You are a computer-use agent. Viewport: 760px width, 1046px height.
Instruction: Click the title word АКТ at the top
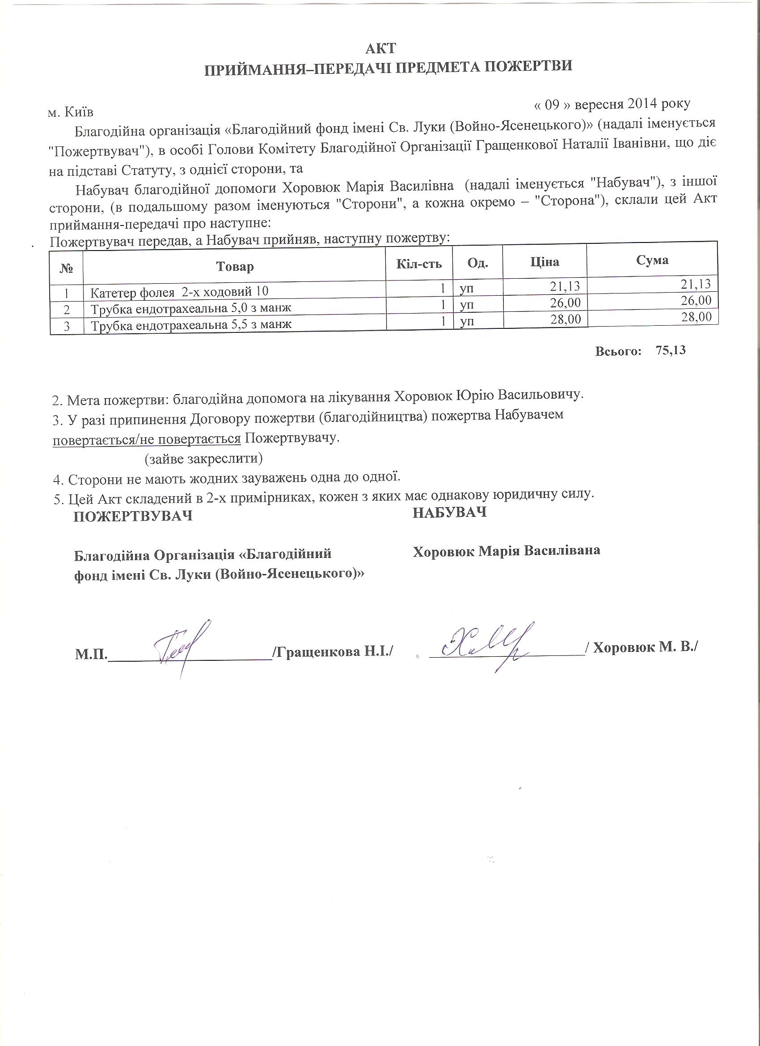pos(380,48)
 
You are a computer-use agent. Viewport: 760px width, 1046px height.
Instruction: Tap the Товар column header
pos(235,267)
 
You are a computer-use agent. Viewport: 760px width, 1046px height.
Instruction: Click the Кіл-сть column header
pos(419,264)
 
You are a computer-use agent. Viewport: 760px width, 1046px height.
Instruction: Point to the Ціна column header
pos(545,262)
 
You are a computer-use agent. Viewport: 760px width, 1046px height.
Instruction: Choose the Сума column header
pos(652,260)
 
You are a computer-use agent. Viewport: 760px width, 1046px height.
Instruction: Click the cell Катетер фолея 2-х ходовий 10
pos(179,292)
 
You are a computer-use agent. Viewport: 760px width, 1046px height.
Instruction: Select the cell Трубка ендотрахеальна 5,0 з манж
pos(191,308)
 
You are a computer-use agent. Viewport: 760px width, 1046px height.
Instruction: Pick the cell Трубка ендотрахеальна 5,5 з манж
pos(191,325)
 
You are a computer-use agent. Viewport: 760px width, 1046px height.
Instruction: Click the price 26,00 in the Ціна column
pos(566,303)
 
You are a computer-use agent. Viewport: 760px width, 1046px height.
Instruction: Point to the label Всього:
pos(618,352)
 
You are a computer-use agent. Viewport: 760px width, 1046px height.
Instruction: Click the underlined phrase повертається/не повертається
pos(147,438)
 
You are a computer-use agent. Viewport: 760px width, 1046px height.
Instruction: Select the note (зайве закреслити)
pos(204,459)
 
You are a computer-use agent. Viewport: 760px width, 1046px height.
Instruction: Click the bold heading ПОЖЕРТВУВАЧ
pos(133,516)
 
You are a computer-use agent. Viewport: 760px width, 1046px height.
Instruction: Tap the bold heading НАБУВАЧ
pos(449,512)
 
